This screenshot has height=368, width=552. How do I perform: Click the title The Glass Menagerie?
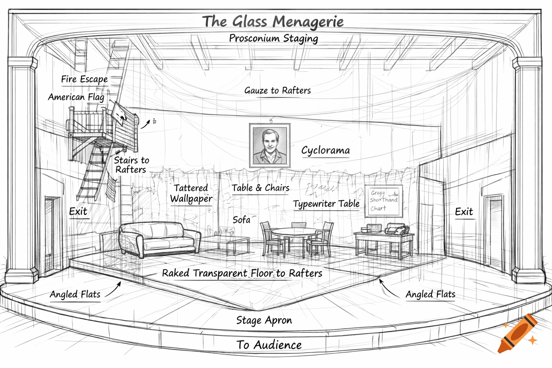click(x=273, y=22)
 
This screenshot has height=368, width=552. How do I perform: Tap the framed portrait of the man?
click(x=270, y=145)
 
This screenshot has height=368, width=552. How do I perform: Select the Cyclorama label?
click(x=325, y=150)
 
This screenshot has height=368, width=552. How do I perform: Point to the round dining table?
click(x=295, y=232)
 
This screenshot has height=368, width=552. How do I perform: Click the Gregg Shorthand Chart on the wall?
click(x=383, y=201)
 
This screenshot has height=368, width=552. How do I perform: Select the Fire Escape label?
click(x=84, y=79)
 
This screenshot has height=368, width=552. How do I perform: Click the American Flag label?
click(x=76, y=97)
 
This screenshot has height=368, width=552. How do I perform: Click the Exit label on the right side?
click(x=464, y=212)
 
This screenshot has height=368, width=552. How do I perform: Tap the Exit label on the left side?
click(x=78, y=211)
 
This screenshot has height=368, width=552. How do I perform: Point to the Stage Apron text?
click(x=264, y=320)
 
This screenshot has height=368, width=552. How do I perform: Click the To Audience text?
click(x=269, y=345)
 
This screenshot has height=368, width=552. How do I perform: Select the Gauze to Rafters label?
click(x=277, y=91)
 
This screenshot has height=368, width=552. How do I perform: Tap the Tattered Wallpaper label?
click(x=191, y=193)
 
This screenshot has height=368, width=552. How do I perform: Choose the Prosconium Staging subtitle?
click(x=273, y=38)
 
